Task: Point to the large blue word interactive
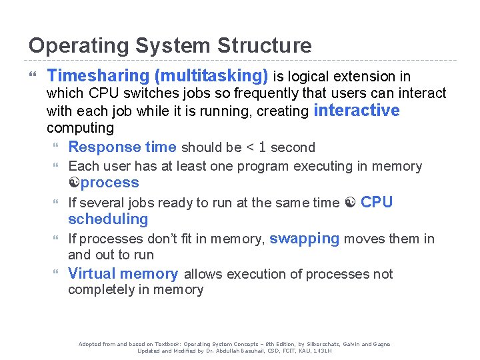click(356, 111)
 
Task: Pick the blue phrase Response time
click(122, 147)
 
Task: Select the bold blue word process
click(110, 183)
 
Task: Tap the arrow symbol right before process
click(74, 183)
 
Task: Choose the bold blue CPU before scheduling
click(377, 203)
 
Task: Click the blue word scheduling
click(108, 219)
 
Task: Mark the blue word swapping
click(304, 239)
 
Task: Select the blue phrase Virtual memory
click(123, 274)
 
